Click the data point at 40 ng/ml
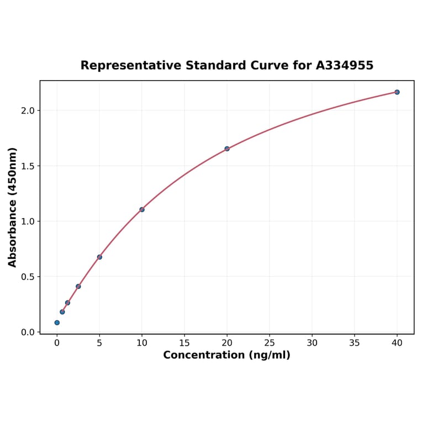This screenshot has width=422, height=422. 397,92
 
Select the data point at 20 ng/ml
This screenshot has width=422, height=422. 227,149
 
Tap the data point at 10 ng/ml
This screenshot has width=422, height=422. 142,209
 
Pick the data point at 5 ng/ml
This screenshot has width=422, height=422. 99,257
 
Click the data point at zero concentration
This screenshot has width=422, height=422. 57,323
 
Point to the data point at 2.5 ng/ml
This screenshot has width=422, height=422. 78,286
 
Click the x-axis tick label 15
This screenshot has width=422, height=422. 184,343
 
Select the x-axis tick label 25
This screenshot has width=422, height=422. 270,343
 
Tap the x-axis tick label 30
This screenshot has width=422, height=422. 312,343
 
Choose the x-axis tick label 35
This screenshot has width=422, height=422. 355,343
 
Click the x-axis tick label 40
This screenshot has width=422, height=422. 397,343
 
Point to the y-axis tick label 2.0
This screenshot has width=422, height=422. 28,110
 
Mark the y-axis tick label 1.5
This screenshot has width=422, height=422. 28,166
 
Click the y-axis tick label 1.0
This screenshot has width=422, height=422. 28,221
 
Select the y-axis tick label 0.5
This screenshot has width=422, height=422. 28,277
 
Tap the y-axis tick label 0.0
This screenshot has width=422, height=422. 28,332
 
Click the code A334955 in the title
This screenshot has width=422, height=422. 345,66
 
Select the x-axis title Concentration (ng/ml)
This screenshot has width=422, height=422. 226,355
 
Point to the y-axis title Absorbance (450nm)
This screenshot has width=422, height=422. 13,207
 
